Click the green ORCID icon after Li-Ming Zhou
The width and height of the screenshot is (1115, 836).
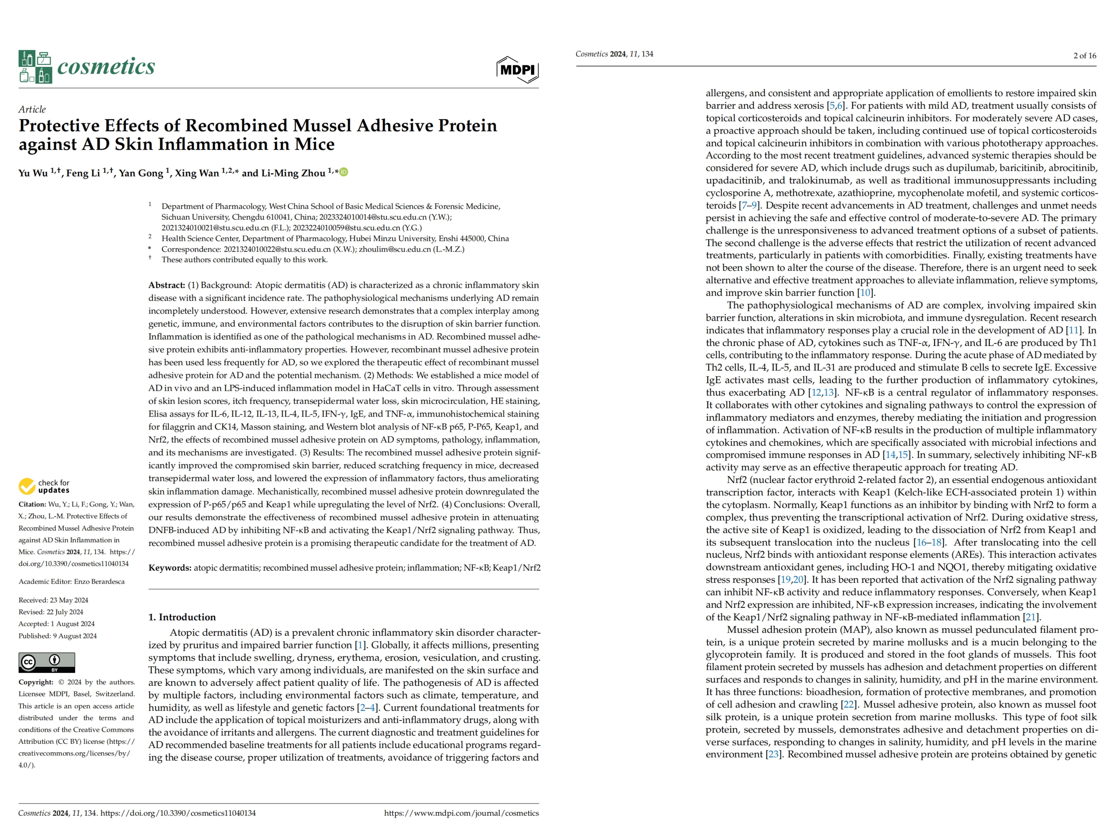344,172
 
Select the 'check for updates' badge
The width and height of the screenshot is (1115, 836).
44,486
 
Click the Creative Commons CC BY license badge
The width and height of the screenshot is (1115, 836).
47,662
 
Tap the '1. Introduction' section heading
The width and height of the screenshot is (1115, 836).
182,617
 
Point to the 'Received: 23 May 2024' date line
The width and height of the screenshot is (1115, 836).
53,600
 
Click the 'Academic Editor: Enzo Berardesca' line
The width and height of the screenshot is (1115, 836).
72,581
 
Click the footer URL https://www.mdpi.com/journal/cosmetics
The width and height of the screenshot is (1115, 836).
461,813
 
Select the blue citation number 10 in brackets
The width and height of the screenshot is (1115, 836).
865,293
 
